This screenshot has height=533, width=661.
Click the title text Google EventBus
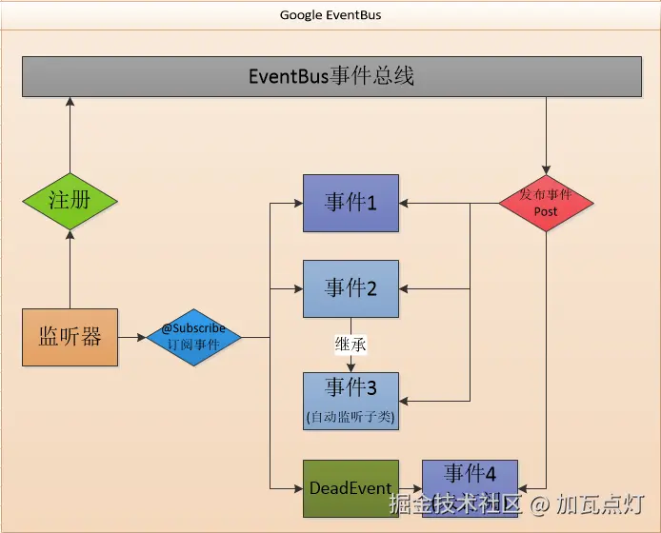coord(330,15)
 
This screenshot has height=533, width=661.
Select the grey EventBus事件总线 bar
coord(331,76)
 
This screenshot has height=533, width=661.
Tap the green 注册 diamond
coord(70,201)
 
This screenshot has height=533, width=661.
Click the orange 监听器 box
coord(70,337)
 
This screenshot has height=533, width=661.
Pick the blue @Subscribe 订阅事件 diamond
coord(193,337)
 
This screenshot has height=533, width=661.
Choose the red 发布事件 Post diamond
coord(546,202)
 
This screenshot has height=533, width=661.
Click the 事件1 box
coord(351,203)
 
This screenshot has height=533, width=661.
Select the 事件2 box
coord(351,288)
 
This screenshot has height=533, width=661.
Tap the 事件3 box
coord(351,400)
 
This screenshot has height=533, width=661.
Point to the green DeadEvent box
coord(351,488)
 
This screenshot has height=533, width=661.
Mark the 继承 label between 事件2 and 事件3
coord(351,344)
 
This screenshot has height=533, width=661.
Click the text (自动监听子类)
coord(351,417)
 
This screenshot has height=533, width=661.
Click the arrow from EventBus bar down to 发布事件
coord(546,133)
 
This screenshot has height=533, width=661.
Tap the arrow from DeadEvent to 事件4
coord(410,488)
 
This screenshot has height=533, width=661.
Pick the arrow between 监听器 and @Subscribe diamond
coord(132,337)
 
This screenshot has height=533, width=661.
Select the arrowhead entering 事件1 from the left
coord(297,203)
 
